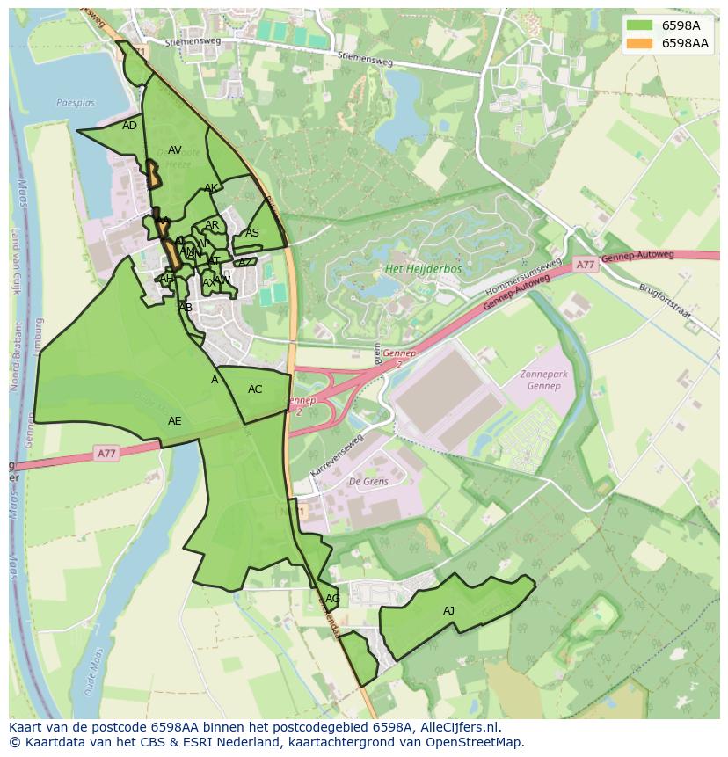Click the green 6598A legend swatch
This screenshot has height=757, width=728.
coord(639,25)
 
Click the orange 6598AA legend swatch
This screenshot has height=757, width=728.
coord(639,43)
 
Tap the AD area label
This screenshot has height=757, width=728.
coord(129,126)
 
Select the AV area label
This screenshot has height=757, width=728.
coord(174,150)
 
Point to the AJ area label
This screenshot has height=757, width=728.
coord(448,611)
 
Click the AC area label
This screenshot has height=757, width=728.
coord(255,389)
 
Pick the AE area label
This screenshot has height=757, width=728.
coord(174,421)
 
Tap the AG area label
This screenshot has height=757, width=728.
coord(332,599)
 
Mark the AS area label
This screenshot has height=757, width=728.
coord(252,233)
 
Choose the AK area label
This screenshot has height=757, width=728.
coord(211,188)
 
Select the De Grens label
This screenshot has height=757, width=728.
coord(368,482)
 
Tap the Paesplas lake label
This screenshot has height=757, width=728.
coord(75,103)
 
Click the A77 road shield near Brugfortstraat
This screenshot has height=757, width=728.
coord(586,265)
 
